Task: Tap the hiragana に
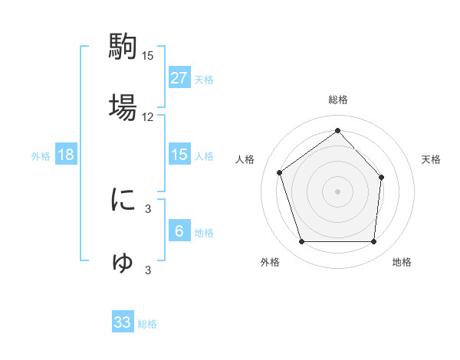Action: pos(123,200)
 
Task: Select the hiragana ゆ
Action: pos(123,262)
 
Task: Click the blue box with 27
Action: pos(179,77)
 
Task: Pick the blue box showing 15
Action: pos(179,155)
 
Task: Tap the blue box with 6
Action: pos(179,231)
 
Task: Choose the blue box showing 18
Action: pos(66,155)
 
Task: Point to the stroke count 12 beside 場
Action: pos(148,117)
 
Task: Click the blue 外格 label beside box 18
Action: pos(41,155)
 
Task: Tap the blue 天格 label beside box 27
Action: pos(204,79)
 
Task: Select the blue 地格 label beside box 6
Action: pos(204,232)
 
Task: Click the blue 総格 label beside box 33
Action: pos(147,324)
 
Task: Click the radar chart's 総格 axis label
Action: pos(338,100)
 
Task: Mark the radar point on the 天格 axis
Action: pos(382,177)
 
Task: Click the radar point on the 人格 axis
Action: pos(281,172)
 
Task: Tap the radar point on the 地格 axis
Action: pos(373,241)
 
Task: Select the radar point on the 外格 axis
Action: pos(301,241)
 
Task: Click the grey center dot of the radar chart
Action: pos(338,191)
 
